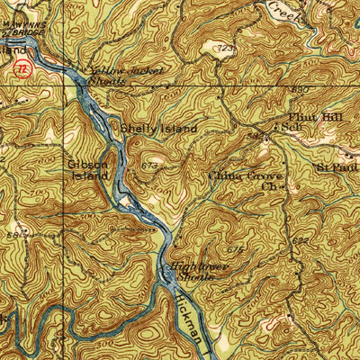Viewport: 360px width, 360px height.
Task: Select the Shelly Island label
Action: (x=159, y=129)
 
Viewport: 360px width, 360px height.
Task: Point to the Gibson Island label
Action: (x=87, y=169)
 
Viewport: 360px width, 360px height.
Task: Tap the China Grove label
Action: (x=245, y=177)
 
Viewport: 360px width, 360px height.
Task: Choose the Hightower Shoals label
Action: (x=190, y=273)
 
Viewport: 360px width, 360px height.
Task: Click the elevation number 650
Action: (x=301, y=90)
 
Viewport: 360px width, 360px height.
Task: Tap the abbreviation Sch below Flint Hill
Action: (x=291, y=128)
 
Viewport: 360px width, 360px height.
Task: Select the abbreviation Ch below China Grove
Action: (x=267, y=188)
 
